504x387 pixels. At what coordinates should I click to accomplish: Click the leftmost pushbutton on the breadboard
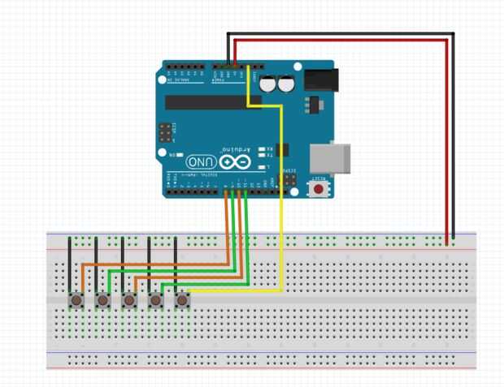[76, 300]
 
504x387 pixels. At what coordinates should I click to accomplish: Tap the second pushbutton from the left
[102, 300]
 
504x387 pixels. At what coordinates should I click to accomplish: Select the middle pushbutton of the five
[128, 300]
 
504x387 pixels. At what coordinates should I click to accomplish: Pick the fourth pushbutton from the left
[155, 300]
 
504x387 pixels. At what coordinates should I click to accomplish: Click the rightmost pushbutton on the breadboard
[181, 300]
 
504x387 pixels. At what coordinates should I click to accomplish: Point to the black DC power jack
[319, 79]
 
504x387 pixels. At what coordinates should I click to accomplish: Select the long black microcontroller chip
[213, 102]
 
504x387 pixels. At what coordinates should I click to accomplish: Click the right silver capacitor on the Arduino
[285, 84]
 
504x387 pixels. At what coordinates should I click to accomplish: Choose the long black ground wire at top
[341, 34]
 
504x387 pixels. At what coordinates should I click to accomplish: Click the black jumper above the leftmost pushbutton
[70, 260]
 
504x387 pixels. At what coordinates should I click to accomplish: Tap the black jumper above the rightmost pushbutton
[176, 260]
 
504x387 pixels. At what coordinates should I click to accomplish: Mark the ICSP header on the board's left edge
[166, 132]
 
